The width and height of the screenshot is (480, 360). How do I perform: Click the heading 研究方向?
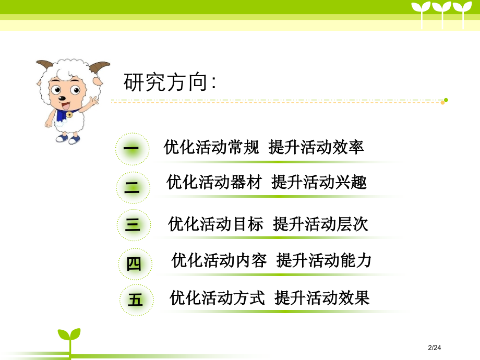pyautogui.click(x=170, y=82)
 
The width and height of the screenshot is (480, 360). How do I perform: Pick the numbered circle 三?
pyautogui.click(x=134, y=225)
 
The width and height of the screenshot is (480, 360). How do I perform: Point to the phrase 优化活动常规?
pyautogui.click(x=211, y=147)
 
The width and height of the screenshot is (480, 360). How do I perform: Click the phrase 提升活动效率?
pyautogui.click(x=316, y=147)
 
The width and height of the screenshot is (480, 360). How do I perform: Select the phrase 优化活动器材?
pyautogui.click(x=214, y=182)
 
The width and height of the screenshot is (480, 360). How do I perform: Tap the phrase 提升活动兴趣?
pyautogui.click(x=319, y=182)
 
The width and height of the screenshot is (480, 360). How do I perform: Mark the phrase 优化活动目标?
pyautogui.click(x=215, y=224)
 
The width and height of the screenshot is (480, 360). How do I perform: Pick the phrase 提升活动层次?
pyautogui.click(x=320, y=224)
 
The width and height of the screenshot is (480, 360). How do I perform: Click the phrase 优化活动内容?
pyautogui.click(x=219, y=260)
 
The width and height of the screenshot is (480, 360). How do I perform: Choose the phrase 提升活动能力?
pyautogui.click(x=324, y=260)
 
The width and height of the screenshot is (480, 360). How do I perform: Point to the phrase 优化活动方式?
pyautogui.click(x=218, y=297)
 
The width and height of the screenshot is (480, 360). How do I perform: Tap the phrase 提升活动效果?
pyautogui.click(x=322, y=297)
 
